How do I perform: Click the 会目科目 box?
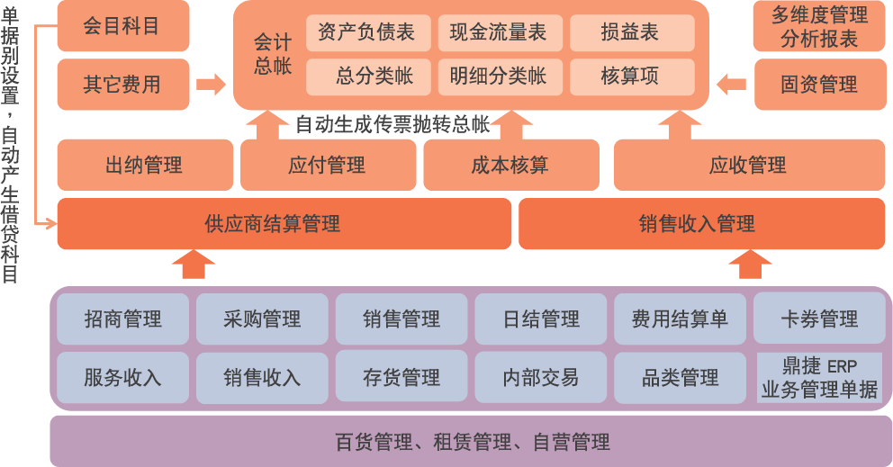[122, 26]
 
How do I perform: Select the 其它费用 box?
[122, 85]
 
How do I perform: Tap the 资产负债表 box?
[366, 33]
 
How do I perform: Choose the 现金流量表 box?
[498, 33]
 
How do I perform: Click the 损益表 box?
[631, 33]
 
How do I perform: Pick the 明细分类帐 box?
[498, 76]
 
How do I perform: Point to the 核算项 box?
[631, 76]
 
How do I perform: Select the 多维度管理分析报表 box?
[819, 26]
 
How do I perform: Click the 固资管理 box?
[819, 85]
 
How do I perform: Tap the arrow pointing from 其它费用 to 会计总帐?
[211, 85]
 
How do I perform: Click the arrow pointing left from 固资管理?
[732, 85]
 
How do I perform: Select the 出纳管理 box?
[144, 165]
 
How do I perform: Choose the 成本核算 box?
[510, 165]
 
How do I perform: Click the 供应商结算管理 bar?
[284, 224]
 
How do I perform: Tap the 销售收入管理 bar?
[702, 224]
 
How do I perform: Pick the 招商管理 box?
[122, 319]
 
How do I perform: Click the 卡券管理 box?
[819, 319]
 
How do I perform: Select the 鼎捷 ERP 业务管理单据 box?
[819, 378]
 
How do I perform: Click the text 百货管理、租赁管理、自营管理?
[472, 442]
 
